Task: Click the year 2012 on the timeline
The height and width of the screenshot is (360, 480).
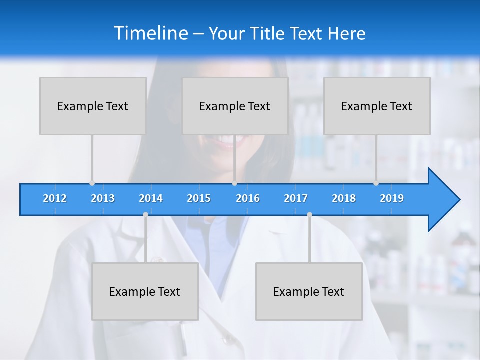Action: pos(55,198)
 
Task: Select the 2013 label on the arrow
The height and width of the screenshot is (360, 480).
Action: pos(103,198)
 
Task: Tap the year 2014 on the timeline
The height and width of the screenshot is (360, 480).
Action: pos(151,198)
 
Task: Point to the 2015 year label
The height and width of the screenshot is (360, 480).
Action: pos(199,198)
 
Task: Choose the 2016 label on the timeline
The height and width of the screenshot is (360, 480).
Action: pos(248,198)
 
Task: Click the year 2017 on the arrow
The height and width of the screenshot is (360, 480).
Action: pos(296,198)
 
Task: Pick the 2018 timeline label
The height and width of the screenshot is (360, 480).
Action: pos(344,198)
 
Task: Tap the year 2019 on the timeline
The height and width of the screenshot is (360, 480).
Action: pos(392,198)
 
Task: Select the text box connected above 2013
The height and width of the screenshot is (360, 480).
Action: pos(93,106)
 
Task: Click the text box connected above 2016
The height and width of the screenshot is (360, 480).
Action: pos(235,106)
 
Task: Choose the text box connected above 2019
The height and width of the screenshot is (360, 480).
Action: pos(377,106)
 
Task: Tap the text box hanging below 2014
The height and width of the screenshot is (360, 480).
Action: pos(145,291)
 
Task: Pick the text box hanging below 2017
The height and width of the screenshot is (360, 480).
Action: pos(309,291)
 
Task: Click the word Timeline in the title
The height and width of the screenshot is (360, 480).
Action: pos(150,33)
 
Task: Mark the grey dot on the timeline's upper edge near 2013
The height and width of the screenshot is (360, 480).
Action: pos(92,183)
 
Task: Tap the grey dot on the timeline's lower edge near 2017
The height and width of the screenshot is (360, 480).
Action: pos(309,214)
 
